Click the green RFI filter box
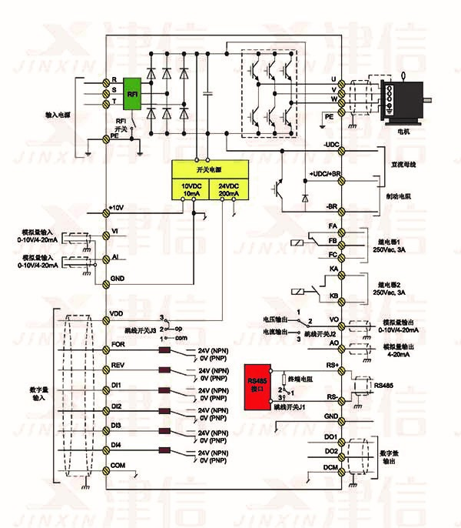(133, 94)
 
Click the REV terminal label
(118, 364)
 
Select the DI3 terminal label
(117, 424)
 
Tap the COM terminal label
(118, 465)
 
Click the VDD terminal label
(118, 314)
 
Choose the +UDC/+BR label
(323, 174)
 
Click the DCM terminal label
(330, 468)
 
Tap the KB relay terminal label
(333, 296)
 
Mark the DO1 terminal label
(331, 436)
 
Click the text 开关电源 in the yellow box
(209, 169)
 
